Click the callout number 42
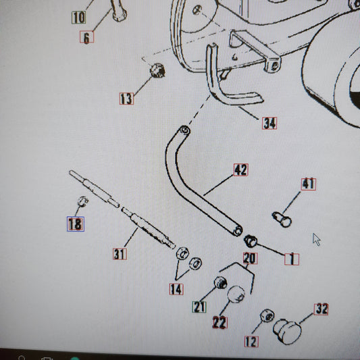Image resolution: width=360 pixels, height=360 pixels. (x=241, y=170)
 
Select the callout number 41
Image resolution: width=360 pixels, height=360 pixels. (x=309, y=184)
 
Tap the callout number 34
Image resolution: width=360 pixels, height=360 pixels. (x=269, y=123)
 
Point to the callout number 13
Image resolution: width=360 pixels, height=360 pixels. (x=126, y=99)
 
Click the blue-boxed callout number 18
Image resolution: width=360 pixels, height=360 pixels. (x=76, y=224)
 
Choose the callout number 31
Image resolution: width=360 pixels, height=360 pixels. (x=120, y=254)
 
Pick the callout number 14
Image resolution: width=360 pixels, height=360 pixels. (x=176, y=289)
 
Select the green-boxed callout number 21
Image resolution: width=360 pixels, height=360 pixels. (x=199, y=307)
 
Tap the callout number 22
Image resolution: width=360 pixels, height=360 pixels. (x=220, y=322)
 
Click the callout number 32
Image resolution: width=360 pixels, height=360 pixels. (x=322, y=309)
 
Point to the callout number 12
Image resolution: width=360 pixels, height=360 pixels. (x=251, y=342)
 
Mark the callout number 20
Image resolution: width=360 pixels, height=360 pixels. (x=251, y=258)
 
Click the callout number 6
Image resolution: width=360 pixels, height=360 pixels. (x=86, y=37)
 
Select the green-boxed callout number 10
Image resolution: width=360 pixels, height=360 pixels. (x=79, y=17)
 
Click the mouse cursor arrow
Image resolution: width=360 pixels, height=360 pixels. (x=316, y=240)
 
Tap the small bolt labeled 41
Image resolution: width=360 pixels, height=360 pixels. (x=282, y=220)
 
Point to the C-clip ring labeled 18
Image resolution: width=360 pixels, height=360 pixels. (x=82, y=201)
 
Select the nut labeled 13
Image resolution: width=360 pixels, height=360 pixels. (x=157, y=70)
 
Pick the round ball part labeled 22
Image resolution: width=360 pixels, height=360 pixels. (x=236, y=294)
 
